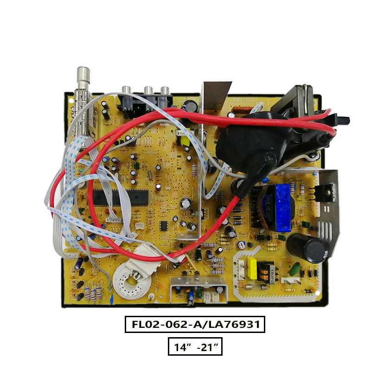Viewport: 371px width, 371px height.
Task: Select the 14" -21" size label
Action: [x=195, y=347]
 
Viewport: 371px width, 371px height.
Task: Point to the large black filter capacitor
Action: [x=302, y=248]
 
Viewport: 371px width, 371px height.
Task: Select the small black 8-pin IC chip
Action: [x=164, y=226]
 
